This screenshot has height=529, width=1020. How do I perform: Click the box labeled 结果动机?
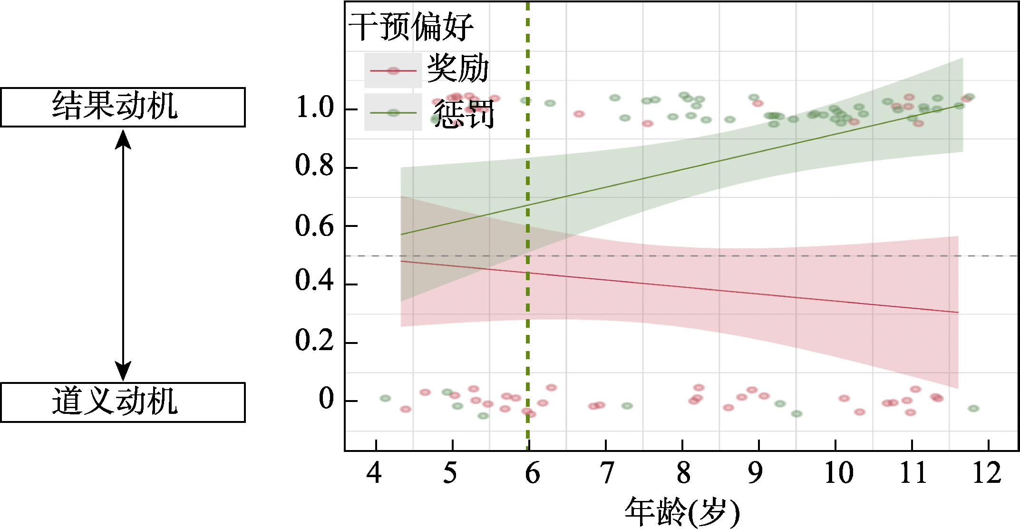coord(123,107)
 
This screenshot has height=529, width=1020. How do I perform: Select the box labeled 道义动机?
coord(123,402)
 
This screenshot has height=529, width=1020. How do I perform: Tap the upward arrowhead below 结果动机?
coord(123,139)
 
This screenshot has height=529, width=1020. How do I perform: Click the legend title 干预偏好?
coord(411,27)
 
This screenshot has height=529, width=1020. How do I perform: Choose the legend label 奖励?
coord(458,68)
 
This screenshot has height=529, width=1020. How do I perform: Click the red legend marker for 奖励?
coord(393,71)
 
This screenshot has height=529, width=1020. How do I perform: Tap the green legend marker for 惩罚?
coord(393,113)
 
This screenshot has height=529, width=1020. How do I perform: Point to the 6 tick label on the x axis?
coord(532,474)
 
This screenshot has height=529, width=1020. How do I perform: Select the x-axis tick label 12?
coord(987,474)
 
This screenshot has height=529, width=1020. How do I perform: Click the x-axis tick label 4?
coord(374,474)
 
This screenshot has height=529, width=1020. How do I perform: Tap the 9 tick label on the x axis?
coord(755,474)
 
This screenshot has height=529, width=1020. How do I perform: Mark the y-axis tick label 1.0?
coord(315,108)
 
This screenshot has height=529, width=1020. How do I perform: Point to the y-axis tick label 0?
coord(326,399)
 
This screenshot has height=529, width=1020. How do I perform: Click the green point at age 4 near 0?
coord(385,398)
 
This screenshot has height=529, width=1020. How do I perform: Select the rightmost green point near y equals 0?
coord(973,409)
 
